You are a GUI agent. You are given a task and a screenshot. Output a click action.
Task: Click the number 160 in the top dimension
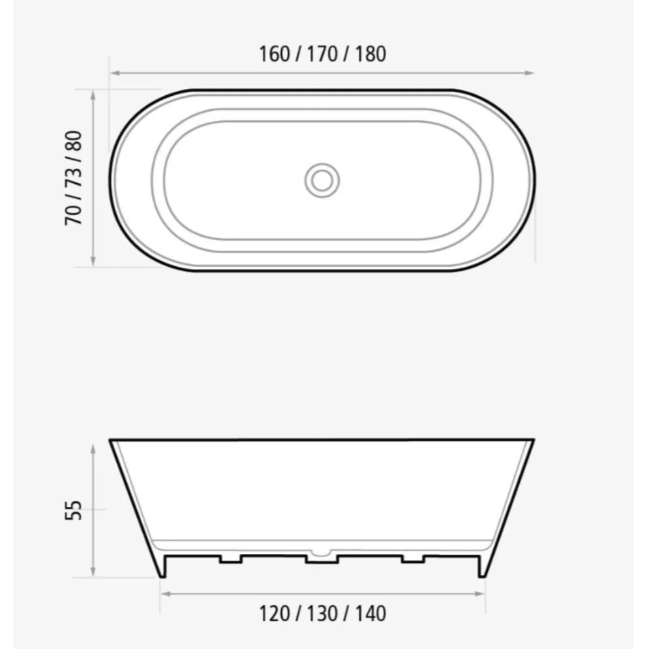tap(275, 54)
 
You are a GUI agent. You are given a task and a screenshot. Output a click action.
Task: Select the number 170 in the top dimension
tap(322, 54)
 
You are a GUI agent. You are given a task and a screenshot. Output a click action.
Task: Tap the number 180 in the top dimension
tap(371, 54)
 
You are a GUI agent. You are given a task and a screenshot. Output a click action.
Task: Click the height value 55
tap(74, 511)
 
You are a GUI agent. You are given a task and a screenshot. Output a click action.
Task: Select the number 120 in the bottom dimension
tap(275, 614)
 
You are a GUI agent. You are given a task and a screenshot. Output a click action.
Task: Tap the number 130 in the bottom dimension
tap(322, 614)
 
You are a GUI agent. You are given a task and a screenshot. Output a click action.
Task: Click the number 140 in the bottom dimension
tap(371, 614)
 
